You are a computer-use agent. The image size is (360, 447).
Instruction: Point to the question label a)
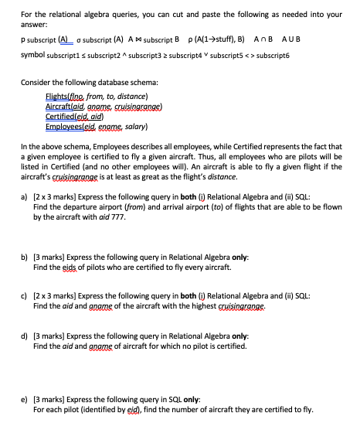pyautogui.click(x=25, y=198)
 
